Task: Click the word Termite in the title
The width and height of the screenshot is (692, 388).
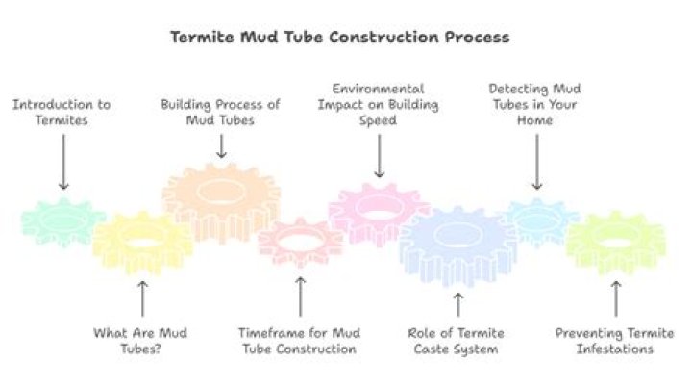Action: tap(203, 37)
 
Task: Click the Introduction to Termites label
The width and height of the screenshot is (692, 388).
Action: tap(62, 113)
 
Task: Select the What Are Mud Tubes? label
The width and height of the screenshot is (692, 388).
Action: tap(140, 341)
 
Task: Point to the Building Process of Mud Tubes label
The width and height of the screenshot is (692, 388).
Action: tap(220, 113)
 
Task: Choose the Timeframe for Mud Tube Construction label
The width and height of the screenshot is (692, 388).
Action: tap(299, 341)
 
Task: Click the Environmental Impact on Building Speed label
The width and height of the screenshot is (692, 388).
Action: tap(379, 104)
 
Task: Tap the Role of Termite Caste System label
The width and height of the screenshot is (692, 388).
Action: tap(456, 341)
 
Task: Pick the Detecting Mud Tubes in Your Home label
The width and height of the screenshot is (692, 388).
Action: tap(535, 104)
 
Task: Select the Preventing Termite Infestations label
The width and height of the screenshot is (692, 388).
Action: tap(614, 341)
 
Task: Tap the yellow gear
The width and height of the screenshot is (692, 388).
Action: tap(142, 243)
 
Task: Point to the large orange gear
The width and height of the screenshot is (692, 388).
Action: tap(221, 201)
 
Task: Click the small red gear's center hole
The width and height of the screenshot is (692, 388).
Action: tap(300, 243)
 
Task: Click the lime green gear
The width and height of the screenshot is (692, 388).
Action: tap(616, 243)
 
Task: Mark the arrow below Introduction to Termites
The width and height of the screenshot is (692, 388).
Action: tap(63, 162)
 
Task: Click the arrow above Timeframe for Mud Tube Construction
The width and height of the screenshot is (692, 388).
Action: tap(300, 297)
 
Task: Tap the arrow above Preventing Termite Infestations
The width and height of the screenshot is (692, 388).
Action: tap(616, 298)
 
